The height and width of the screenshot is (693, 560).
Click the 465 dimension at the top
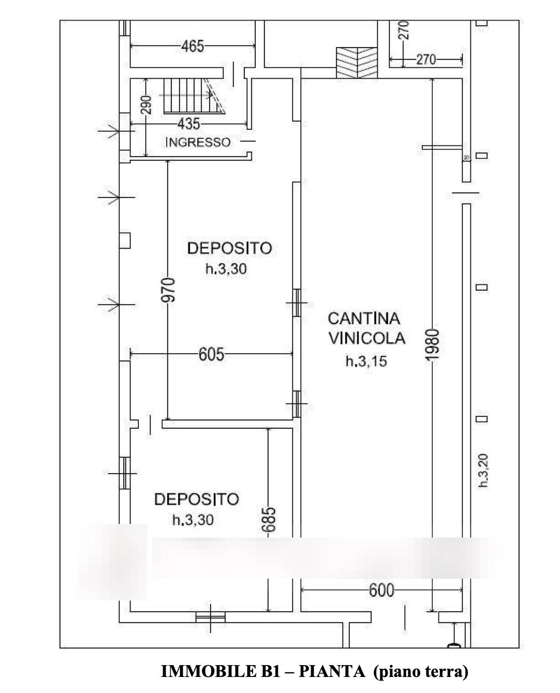[193, 47]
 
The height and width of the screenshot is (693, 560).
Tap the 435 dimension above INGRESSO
[188, 124]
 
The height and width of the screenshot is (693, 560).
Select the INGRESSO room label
[198, 142]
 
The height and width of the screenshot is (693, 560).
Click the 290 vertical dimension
[147, 105]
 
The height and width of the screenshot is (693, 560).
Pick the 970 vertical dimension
[168, 290]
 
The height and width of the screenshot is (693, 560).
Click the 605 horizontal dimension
[212, 354]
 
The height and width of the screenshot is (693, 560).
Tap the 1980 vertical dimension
[432, 344]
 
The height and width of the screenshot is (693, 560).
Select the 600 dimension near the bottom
[381, 590]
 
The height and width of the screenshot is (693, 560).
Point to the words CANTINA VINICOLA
[366, 328]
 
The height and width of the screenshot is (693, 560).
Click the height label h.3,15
[366, 361]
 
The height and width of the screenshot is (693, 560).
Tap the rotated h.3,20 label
[483, 470]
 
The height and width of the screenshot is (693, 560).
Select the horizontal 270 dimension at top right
[426, 59]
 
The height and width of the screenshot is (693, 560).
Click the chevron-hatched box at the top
[357, 63]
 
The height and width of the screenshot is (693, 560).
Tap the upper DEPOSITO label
[229, 248]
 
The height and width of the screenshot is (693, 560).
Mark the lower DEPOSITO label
[197, 500]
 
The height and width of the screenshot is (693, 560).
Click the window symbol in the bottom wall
[211, 617]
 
